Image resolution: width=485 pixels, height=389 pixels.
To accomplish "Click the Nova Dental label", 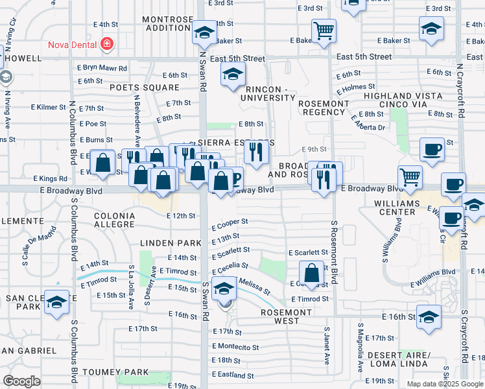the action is tap(71, 45).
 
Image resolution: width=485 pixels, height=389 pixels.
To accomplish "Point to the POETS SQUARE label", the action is tap(144, 87).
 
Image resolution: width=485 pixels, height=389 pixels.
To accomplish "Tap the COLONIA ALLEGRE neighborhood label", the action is tap(115, 220).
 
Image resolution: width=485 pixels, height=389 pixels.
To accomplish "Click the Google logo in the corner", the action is tap(21, 381).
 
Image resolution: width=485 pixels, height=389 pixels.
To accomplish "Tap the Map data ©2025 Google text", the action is tap(444, 384).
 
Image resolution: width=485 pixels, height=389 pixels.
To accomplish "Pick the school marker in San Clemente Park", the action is tap(57, 303).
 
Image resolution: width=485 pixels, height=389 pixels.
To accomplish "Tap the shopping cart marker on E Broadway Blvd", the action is tap(410, 176).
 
